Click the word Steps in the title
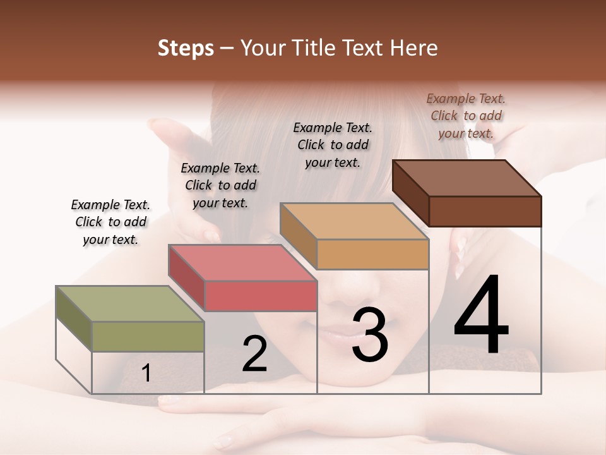pyautogui.click(x=186, y=48)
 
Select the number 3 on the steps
pyautogui.click(x=369, y=335)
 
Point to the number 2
pyautogui.click(x=254, y=354)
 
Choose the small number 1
pyautogui.click(x=146, y=373)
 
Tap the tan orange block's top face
pyautogui.click(x=353, y=222)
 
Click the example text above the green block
pyautogui.click(x=110, y=222)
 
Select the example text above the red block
pyautogui.click(x=220, y=185)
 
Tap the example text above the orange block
pyautogui.click(x=333, y=145)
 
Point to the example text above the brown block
pyautogui.click(x=466, y=116)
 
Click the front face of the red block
pyautogui.click(x=261, y=296)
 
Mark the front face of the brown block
pyautogui.click(x=485, y=211)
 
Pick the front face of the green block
pyautogui.click(x=148, y=336)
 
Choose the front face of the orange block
pyautogui.click(x=372, y=254)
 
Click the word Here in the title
pyautogui.click(x=415, y=48)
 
